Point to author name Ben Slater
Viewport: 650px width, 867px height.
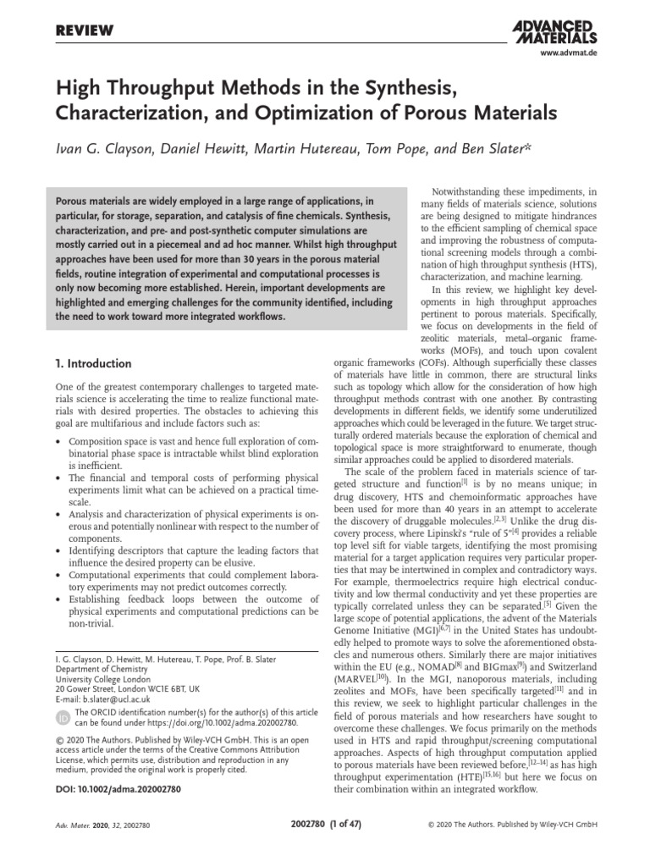click(499, 150)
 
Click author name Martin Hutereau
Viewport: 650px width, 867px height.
click(323, 150)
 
